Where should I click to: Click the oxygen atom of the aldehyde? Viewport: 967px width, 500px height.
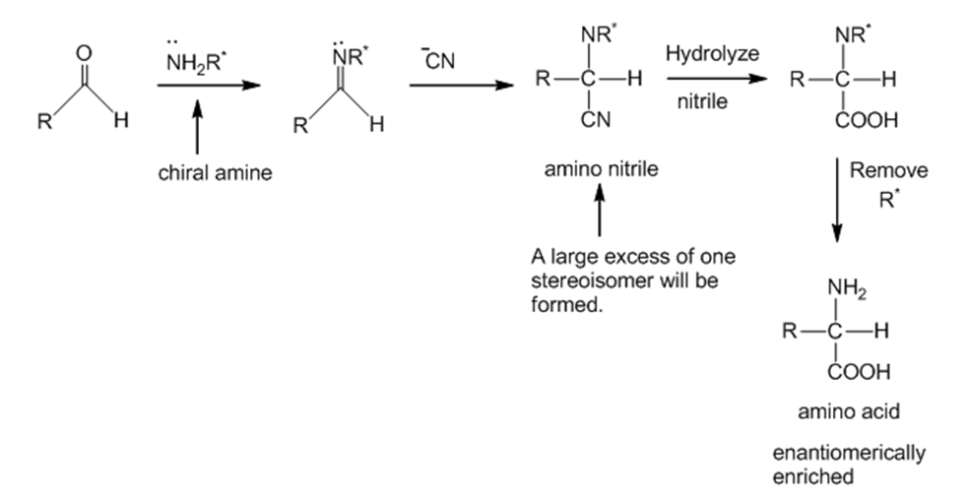(x=84, y=53)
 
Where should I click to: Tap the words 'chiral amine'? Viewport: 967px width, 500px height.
(x=216, y=173)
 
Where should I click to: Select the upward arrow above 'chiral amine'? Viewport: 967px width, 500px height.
(x=197, y=127)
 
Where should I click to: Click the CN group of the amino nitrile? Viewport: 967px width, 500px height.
(x=596, y=120)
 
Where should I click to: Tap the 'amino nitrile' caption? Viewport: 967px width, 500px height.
(x=602, y=169)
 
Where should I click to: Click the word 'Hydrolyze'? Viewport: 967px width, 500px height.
(x=712, y=53)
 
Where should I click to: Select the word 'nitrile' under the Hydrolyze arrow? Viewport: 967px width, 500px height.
(x=702, y=101)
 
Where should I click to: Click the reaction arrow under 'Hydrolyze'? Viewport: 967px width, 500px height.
(x=717, y=79)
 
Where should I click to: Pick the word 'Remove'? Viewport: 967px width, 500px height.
(x=888, y=170)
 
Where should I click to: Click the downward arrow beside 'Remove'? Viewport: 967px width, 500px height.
(x=837, y=201)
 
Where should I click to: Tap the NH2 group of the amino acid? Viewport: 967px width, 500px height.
(x=847, y=288)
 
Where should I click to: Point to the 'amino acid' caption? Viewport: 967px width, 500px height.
(x=849, y=411)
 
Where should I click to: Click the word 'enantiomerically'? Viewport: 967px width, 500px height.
(x=849, y=453)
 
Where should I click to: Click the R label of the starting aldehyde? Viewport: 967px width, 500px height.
(x=44, y=122)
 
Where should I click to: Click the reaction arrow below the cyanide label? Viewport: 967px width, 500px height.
(x=461, y=85)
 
